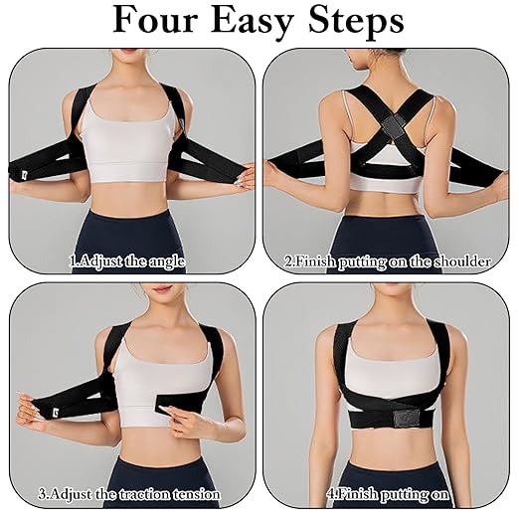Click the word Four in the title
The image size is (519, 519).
(162, 22)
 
